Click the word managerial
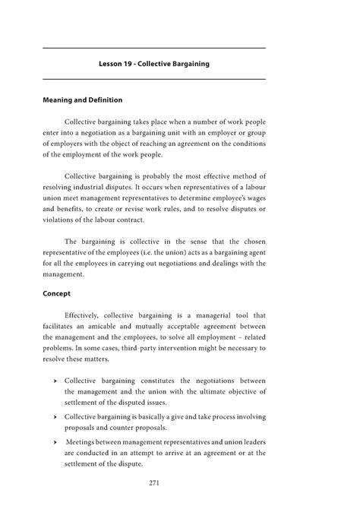tap(216, 314)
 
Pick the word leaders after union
tap(248, 441)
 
